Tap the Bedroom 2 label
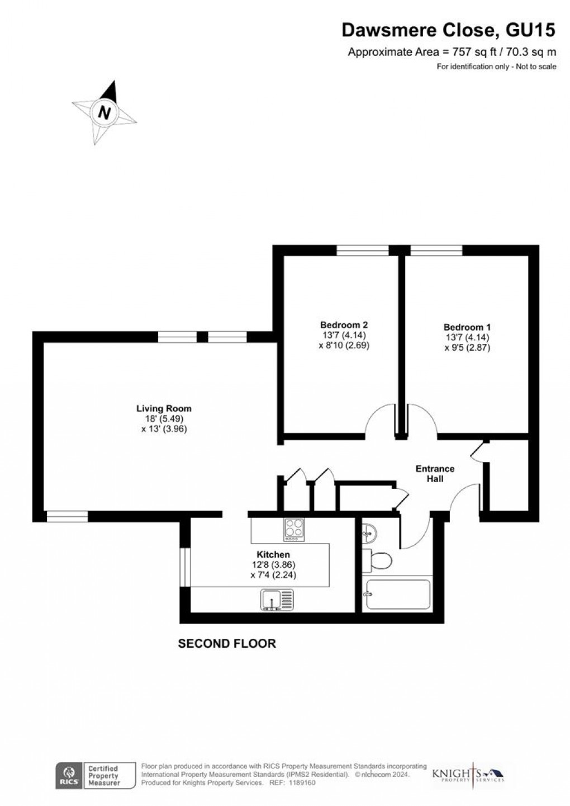click(x=344, y=324)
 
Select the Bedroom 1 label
click(x=467, y=327)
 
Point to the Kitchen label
click(x=273, y=554)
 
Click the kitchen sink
click(x=276, y=601)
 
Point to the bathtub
click(x=397, y=595)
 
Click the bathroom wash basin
click(x=369, y=534)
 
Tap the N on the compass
click(x=104, y=112)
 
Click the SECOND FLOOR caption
click(x=227, y=644)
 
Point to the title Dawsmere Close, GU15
click(x=449, y=31)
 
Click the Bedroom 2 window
click(x=363, y=251)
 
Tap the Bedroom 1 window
click(x=436, y=251)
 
